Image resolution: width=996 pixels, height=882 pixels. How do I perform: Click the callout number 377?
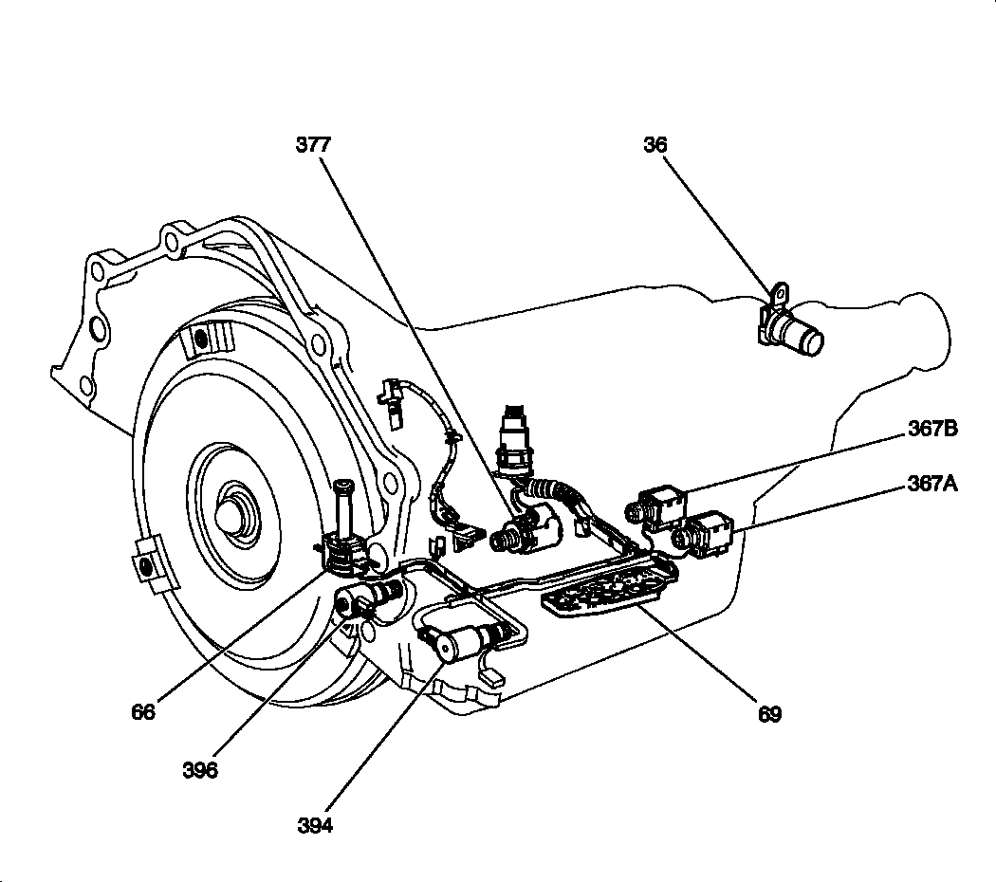[313, 145]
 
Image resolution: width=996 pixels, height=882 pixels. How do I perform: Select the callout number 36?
[655, 145]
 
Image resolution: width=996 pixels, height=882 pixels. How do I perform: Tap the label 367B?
[931, 429]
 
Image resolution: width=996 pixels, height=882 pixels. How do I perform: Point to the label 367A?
[931, 485]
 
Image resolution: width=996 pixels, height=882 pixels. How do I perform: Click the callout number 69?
[769, 714]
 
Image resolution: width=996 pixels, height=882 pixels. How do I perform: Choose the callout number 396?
[200, 770]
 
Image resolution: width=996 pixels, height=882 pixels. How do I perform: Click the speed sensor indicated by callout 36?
[795, 332]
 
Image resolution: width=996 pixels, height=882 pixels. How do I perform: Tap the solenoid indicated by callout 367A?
[709, 535]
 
